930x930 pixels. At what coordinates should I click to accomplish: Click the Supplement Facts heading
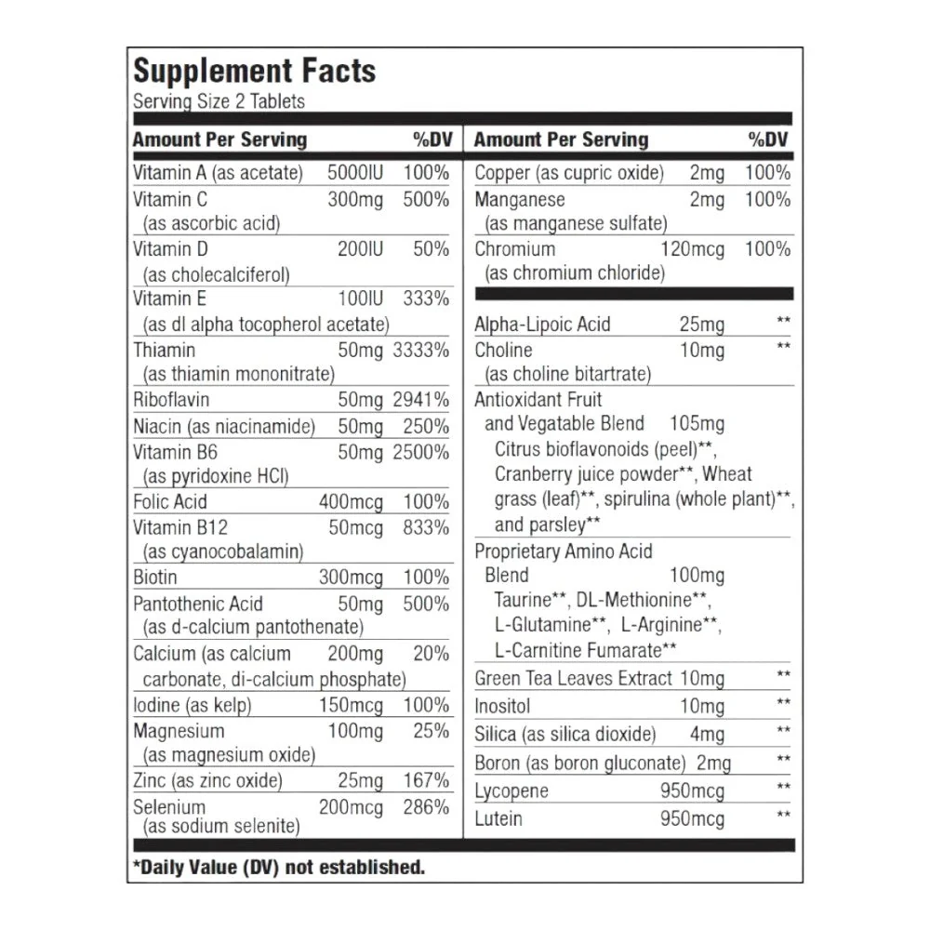(254, 72)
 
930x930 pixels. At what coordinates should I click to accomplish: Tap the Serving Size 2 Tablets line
(219, 101)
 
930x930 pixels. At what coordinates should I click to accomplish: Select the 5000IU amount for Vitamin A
(355, 173)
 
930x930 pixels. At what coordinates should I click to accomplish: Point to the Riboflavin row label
(171, 400)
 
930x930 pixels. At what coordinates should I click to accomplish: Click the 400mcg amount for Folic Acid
(351, 502)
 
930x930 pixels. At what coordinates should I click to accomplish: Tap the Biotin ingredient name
(155, 578)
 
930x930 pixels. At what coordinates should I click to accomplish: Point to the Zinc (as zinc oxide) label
(207, 781)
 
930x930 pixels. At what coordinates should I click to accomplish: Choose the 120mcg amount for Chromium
(692, 249)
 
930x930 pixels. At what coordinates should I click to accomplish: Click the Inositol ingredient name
(502, 706)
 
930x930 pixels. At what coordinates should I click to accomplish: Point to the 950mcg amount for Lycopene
(691, 791)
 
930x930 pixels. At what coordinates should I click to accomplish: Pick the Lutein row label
(498, 819)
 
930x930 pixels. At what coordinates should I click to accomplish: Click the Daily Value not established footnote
(279, 867)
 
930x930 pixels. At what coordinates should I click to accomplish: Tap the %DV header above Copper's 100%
(769, 139)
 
